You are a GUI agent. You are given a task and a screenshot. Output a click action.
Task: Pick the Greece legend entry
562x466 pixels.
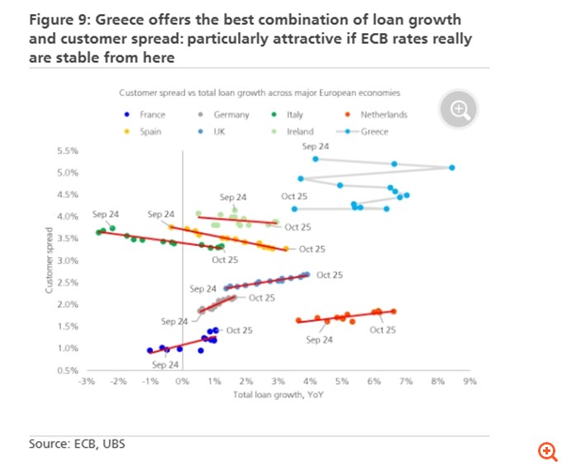(x=374, y=131)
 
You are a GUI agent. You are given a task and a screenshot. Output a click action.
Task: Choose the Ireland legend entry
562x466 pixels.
(x=300, y=131)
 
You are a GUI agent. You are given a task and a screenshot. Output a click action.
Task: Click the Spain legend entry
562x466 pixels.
(x=150, y=131)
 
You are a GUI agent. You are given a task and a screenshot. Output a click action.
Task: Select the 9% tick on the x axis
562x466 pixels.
(x=470, y=382)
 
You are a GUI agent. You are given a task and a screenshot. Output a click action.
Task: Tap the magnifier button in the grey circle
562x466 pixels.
(x=460, y=109)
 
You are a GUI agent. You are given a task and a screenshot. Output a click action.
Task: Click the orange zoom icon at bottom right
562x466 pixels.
(x=547, y=450)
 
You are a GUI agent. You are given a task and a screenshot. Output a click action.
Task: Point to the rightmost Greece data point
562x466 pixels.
(x=452, y=168)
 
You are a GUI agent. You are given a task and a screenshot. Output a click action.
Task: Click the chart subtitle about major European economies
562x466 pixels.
(x=259, y=93)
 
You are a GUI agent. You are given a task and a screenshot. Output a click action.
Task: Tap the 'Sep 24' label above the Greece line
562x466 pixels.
(x=316, y=146)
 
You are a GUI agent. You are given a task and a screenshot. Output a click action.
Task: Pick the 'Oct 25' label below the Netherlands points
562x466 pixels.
(x=383, y=330)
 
